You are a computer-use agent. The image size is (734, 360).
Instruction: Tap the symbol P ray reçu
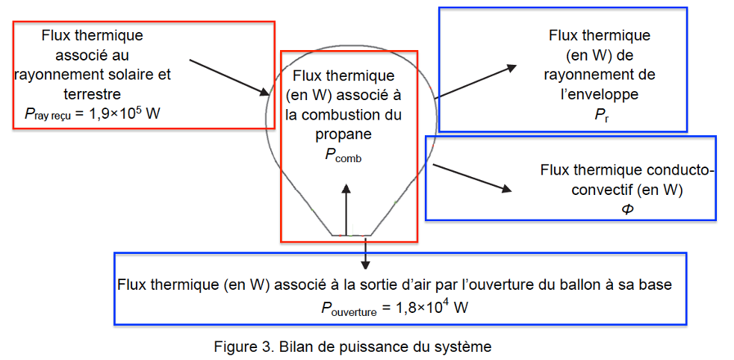(50, 113)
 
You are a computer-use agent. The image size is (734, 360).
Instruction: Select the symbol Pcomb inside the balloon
(343, 155)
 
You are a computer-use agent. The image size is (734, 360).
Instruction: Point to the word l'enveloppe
(600, 94)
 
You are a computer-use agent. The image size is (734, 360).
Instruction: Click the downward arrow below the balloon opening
(365, 254)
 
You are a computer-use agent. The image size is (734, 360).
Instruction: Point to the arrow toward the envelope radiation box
(476, 81)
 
